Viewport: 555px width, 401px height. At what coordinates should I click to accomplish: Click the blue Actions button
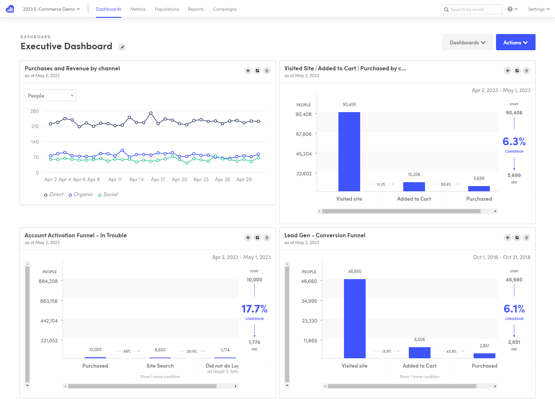[515, 42]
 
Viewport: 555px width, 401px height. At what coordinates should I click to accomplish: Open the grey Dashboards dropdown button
[467, 42]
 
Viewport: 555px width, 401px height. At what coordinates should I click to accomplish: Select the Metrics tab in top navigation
[138, 9]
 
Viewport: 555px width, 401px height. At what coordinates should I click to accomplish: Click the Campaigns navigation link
[224, 9]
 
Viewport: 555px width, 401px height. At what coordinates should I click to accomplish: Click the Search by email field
[474, 9]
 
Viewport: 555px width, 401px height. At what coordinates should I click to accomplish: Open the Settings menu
[538, 9]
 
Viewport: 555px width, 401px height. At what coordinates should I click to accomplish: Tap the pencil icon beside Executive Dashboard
[122, 47]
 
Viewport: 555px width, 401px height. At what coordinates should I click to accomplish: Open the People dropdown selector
[51, 96]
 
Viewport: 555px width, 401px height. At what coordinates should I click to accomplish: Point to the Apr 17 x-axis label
[158, 180]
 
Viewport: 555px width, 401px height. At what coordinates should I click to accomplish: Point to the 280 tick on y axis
[34, 111]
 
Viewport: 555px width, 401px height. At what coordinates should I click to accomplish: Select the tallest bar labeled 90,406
[349, 151]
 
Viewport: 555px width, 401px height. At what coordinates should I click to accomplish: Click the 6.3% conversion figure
[514, 142]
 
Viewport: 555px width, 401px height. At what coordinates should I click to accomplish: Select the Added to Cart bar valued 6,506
[419, 352]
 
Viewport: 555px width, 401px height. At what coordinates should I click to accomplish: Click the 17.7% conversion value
[254, 309]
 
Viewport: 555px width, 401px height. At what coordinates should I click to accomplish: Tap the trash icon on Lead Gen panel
[526, 238]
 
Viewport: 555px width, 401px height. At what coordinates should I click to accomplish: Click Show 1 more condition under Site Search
[160, 377]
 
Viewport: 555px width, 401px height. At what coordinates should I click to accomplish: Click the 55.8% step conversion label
[446, 184]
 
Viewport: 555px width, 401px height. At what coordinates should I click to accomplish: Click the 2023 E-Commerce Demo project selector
[51, 9]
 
